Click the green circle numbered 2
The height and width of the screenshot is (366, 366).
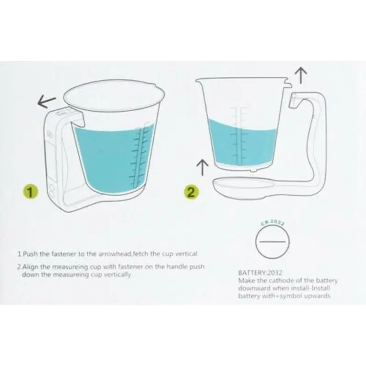(x=192, y=191)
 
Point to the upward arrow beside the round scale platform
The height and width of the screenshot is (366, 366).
(x=199, y=166)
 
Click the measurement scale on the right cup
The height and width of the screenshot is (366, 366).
(x=237, y=133)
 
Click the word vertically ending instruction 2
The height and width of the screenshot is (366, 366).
(x=119, y=274)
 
